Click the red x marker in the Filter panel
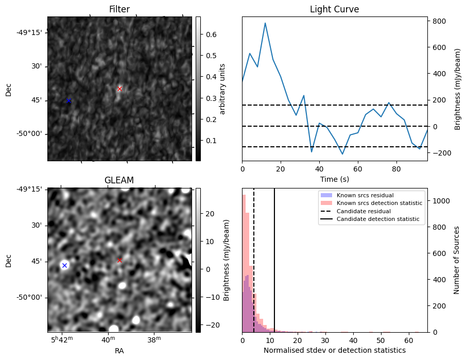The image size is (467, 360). coord(119,89)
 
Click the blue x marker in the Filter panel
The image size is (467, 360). coord(68,100)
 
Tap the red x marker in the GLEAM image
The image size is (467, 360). coord(119,260)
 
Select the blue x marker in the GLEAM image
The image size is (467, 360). coord(64,265)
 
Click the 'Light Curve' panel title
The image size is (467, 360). coord(334,9)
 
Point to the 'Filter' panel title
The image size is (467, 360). coord(119,9)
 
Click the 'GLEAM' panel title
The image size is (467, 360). coord(119,180)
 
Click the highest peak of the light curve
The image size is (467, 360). coord(265,23)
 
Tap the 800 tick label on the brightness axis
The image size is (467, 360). coord(439,21)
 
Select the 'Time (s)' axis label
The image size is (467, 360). coord(334,179)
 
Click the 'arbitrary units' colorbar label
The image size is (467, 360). coord(222,89)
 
